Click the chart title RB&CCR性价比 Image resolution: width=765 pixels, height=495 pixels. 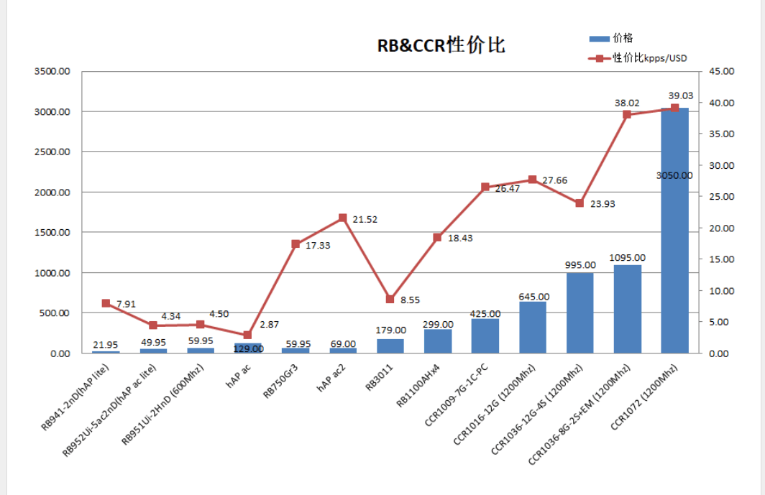[441, 45]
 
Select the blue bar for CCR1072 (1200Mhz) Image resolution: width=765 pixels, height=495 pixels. [674, 230]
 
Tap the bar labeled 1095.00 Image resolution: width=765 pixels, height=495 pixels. [627, 309]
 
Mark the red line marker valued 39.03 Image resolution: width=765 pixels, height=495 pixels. [674, 108]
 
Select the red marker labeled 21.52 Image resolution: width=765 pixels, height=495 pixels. [342, 218]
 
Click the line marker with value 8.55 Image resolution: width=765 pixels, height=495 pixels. [390, 299]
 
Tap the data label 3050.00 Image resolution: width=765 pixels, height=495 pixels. [674, 175]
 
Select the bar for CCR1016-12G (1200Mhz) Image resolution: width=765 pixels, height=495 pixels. [532, 328]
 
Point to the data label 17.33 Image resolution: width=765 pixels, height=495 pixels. [317, 246]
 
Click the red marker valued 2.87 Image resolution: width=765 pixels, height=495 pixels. [247, 335]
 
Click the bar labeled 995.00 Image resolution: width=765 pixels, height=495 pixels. [580, 313]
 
